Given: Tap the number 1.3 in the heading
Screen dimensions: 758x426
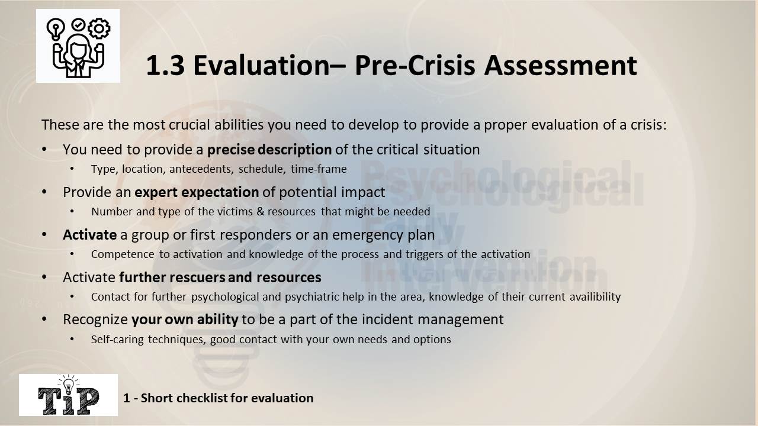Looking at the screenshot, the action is coord(165,65).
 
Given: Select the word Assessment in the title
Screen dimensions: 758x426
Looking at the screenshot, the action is coord(560,65).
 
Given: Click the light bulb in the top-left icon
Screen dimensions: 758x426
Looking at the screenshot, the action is coord(56,29).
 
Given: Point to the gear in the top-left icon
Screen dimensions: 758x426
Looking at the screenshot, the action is coord(99,28).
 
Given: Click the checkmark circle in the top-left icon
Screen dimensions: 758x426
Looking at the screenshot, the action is coord(78,24).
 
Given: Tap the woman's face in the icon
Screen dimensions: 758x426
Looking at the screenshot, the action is coord(78,49).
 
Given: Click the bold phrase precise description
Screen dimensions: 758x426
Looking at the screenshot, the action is coord(269,150).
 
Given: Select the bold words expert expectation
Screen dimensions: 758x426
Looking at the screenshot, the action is coord(197,192).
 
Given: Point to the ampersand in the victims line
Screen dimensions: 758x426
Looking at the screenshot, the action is coord(260,211).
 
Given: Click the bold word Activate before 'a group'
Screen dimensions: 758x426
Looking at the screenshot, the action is coord(89,235).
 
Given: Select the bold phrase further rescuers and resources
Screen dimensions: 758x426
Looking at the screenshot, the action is coord(220,277).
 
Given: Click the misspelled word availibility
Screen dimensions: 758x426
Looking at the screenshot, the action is coord(595,296).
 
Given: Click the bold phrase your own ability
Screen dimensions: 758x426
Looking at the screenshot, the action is coord(185,319).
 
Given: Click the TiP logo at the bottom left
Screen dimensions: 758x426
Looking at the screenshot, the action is coord(68,395).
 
